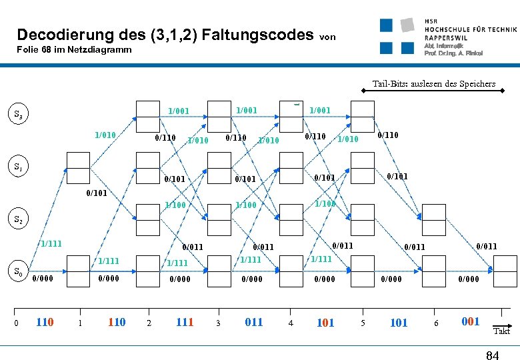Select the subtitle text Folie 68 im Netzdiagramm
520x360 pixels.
pos(74,50)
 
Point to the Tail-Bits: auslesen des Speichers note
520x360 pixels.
pos(433,84)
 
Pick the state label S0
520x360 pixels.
pos(20,271)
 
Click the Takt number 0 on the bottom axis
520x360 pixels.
pos(16,323)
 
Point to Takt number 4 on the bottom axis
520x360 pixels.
pos(290,323)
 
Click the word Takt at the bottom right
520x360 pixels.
pos(501,331)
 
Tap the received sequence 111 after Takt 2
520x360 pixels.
pos(184,323)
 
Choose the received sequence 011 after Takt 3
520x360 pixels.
pos(254,323)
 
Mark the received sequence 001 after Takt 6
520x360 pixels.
pos(470,322)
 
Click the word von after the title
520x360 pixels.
pos(328,37)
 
